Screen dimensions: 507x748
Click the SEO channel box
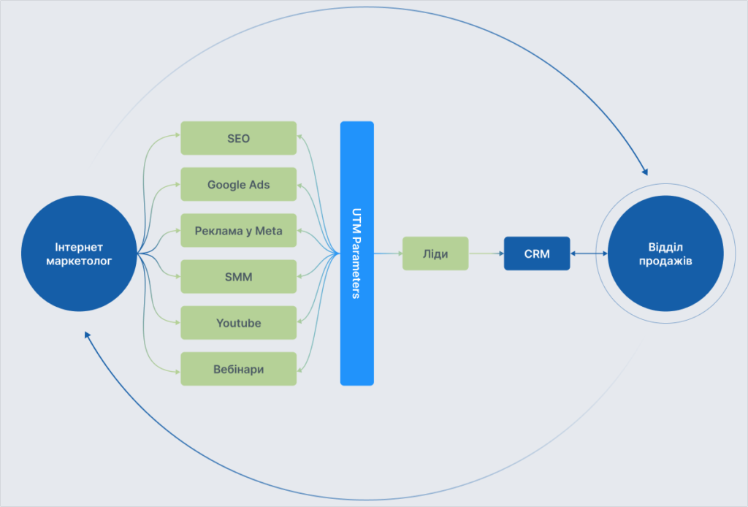[x=238, y=138]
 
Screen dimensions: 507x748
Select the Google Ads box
[x=238, y=184]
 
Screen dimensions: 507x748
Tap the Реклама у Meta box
[x=238, y=231]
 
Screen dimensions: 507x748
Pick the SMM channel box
[x=238, y=277]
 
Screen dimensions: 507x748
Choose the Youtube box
[x=238, y=323]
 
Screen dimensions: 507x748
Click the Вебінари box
[x=238, y=369]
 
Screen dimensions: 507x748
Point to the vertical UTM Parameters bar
[x=356, y=253]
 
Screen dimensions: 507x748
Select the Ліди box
[x=435, y=254]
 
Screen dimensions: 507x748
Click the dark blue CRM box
[x=537, y=254]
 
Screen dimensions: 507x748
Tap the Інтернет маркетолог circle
[x=79, y=253]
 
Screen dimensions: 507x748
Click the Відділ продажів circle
[x=665, y=253]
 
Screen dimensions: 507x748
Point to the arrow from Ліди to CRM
[x=486, y=254]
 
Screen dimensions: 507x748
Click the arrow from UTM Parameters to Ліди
[x=388, y=254]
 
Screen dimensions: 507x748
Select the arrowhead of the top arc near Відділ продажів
[x=644, y=171]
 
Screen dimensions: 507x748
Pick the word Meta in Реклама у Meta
[x=268, y=231]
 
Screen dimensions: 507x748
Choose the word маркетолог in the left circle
[x=79, y=260]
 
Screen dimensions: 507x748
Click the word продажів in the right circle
[x=665, y=260]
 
